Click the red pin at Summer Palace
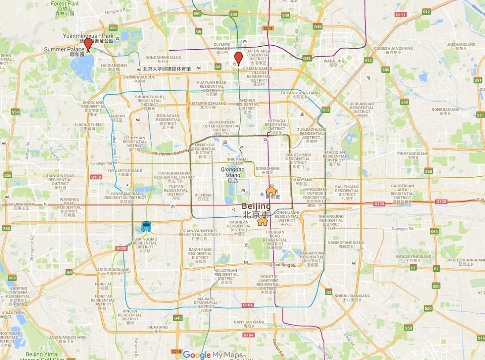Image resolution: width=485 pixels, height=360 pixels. tap(88, 45)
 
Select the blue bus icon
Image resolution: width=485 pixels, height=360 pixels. tap(146, 227)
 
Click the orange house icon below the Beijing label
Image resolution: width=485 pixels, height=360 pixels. tap(263, 220)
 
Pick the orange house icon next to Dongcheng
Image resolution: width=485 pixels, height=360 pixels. tap(271, 190)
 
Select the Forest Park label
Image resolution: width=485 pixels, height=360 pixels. tap(64, 4)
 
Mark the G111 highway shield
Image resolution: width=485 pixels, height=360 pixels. tap(400, 15)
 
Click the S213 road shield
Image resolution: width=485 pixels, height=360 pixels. tap(268, 28)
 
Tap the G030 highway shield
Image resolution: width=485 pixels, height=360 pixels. tap(121, 249)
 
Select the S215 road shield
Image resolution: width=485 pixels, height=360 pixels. tap(176, 351)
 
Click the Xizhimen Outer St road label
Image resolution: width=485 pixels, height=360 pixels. tap(172, 153)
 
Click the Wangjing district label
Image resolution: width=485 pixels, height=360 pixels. tap(333, 63)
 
